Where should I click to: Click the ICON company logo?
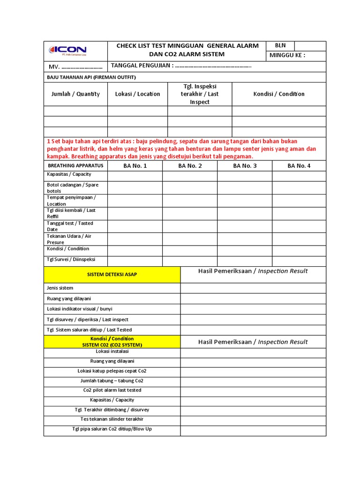point(68,50)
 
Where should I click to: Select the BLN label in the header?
point(280,45)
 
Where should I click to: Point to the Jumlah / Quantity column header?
point(75,94)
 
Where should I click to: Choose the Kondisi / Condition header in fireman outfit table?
point(279,94)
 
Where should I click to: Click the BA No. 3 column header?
point(244,165)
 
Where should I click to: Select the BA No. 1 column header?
point(135,165)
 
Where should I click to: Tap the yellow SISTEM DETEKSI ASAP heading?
point(112,274)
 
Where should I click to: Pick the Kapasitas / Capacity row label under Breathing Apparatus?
point(69,174)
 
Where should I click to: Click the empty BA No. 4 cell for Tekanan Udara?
point(299,239)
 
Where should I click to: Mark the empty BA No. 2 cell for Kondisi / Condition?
point(189,250)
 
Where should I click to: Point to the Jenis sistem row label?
point(60,288)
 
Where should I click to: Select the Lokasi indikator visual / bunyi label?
point(79,309)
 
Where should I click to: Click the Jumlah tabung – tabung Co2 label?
point(112,381)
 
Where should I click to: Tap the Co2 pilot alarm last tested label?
point(112,390)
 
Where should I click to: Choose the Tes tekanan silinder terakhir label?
point(112,419)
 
